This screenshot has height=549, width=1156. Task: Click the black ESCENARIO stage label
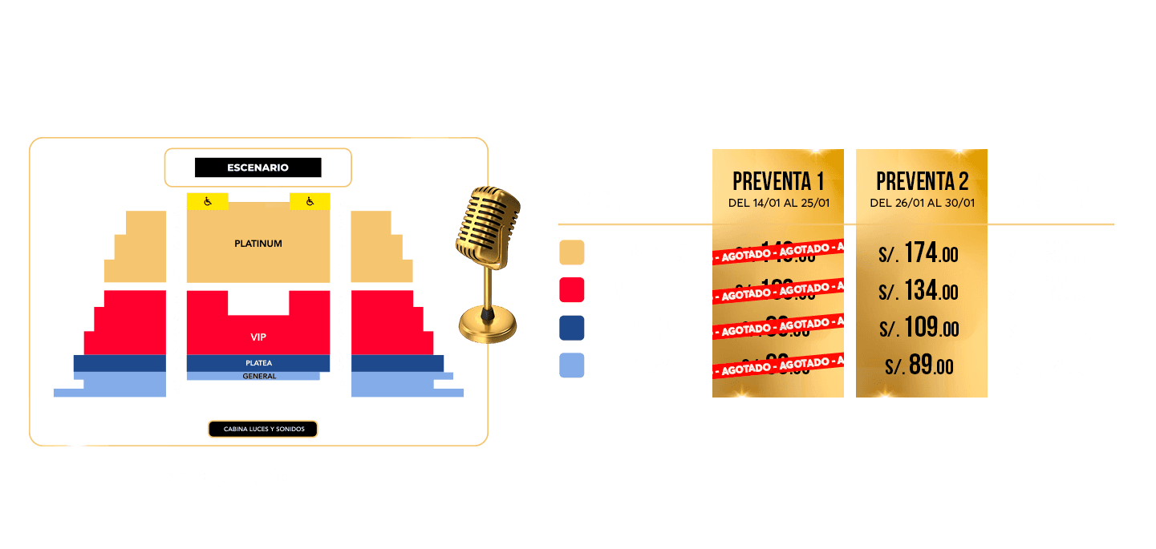(258, 168)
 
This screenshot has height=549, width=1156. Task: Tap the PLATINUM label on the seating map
(258, 243)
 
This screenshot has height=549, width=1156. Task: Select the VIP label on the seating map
(258, 337)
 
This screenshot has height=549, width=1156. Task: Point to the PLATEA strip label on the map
(258, 363)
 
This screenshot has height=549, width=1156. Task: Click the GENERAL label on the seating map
(258, 376)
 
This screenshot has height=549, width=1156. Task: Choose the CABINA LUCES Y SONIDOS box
(263, 430)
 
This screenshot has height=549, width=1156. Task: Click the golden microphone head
(485, 226)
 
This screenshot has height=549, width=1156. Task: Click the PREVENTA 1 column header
(777, 181)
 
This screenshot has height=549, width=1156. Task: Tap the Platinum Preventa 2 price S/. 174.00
(919, 253)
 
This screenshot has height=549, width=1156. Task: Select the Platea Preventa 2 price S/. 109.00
(919, 328)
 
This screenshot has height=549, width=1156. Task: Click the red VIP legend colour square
(572, 290)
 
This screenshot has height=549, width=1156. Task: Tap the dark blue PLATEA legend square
(572, 328)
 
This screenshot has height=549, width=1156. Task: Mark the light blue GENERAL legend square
(572, 365)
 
